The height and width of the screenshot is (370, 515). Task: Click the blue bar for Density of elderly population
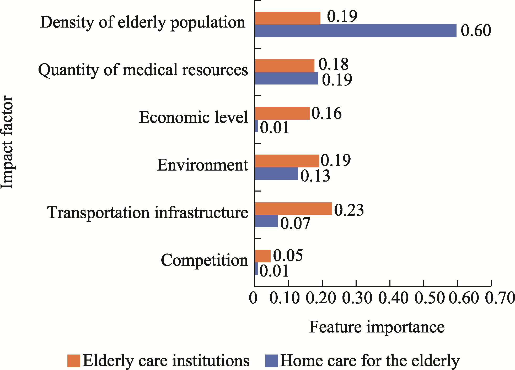coord(356,31)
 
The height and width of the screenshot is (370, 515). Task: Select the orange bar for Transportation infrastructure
coord(293,209)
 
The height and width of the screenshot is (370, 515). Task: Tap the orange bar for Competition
coord(263,256)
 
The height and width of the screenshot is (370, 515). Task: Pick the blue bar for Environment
coord(276,173)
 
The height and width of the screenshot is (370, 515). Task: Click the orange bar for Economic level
coord(282,113)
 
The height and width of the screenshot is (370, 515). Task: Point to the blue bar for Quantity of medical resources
coord(287,78)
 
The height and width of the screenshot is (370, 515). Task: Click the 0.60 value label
coord(476,30)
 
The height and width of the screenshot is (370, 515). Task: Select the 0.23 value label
coord(349,210)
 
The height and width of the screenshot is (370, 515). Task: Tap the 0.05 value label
coord(288,255)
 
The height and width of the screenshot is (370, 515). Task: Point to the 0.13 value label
coord(315,176)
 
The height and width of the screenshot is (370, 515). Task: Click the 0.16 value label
coord(326,113)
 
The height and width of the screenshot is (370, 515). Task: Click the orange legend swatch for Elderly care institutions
coord(74,361)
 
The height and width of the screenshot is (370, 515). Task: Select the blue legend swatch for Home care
coord(271,361)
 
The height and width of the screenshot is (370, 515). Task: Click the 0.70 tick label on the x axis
coord(500,298)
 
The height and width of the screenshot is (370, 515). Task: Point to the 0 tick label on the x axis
coord(253,298)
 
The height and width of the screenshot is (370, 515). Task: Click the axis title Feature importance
coord(377,327)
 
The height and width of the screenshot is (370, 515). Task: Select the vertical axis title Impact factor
coord(7,142)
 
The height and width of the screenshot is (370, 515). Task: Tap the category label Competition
coord(205,261)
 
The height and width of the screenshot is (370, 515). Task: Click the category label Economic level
coord(194,117)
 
